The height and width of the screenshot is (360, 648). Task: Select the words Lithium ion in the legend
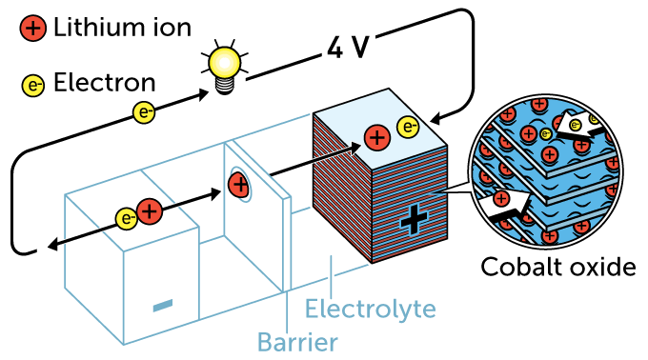[x=122, y=28]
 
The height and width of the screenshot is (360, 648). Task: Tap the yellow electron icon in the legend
[x=33, y=85]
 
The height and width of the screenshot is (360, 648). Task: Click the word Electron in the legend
[x=104, y=83]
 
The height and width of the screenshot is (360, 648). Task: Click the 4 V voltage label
[x=347, y=47]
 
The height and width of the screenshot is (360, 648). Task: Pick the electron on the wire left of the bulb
[x=145, y=112]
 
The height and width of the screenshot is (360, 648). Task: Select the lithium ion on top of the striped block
[x=377, y=137]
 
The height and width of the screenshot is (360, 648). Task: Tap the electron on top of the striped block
[x=408, y=125]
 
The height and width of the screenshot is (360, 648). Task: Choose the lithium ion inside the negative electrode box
[x=150, y=211]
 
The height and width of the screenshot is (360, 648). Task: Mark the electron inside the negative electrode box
[x=126, y=218]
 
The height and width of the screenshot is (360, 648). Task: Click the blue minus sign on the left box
[x=163, y=305]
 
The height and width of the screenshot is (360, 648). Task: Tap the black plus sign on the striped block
[x=414, y=219]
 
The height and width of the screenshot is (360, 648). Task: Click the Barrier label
[x=296, y=340]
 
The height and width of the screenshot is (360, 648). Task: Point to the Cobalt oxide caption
[x=557, y=267]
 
